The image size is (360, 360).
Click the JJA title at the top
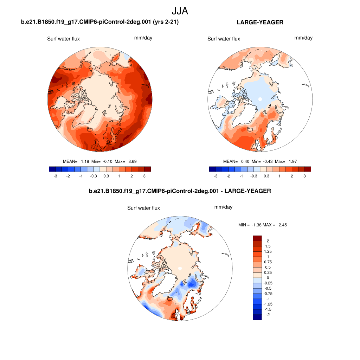click(x=180, y=11)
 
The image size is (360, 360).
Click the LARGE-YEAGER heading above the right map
click(x=260, y=22)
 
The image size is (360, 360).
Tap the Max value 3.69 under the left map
click(x=132, y=161)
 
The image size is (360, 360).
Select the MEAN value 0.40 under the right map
click(x=245, y=161)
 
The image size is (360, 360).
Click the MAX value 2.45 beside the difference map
click(x=282, y=225)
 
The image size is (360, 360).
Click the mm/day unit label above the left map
click(x=143, y=38)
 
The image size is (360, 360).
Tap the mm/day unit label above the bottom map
click(x=223, y=207)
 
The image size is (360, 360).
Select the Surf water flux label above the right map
click(x=224, y=39)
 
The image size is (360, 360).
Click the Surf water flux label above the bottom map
click(x=143, y=208)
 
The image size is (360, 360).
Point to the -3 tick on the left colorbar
click(x=55, y=176)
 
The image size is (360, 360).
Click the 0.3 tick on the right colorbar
click(x=266, y=176)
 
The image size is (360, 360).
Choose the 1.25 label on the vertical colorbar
click(x=268, y=251)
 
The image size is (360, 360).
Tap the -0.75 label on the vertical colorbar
click(x=268, y=293)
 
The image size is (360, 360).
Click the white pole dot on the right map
click(x=260, y=99)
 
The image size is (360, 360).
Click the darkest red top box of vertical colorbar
click(x=257, y=238)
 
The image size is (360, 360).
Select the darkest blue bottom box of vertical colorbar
click(x=257, y=317)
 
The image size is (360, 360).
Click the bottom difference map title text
click(x=180, y=191)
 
